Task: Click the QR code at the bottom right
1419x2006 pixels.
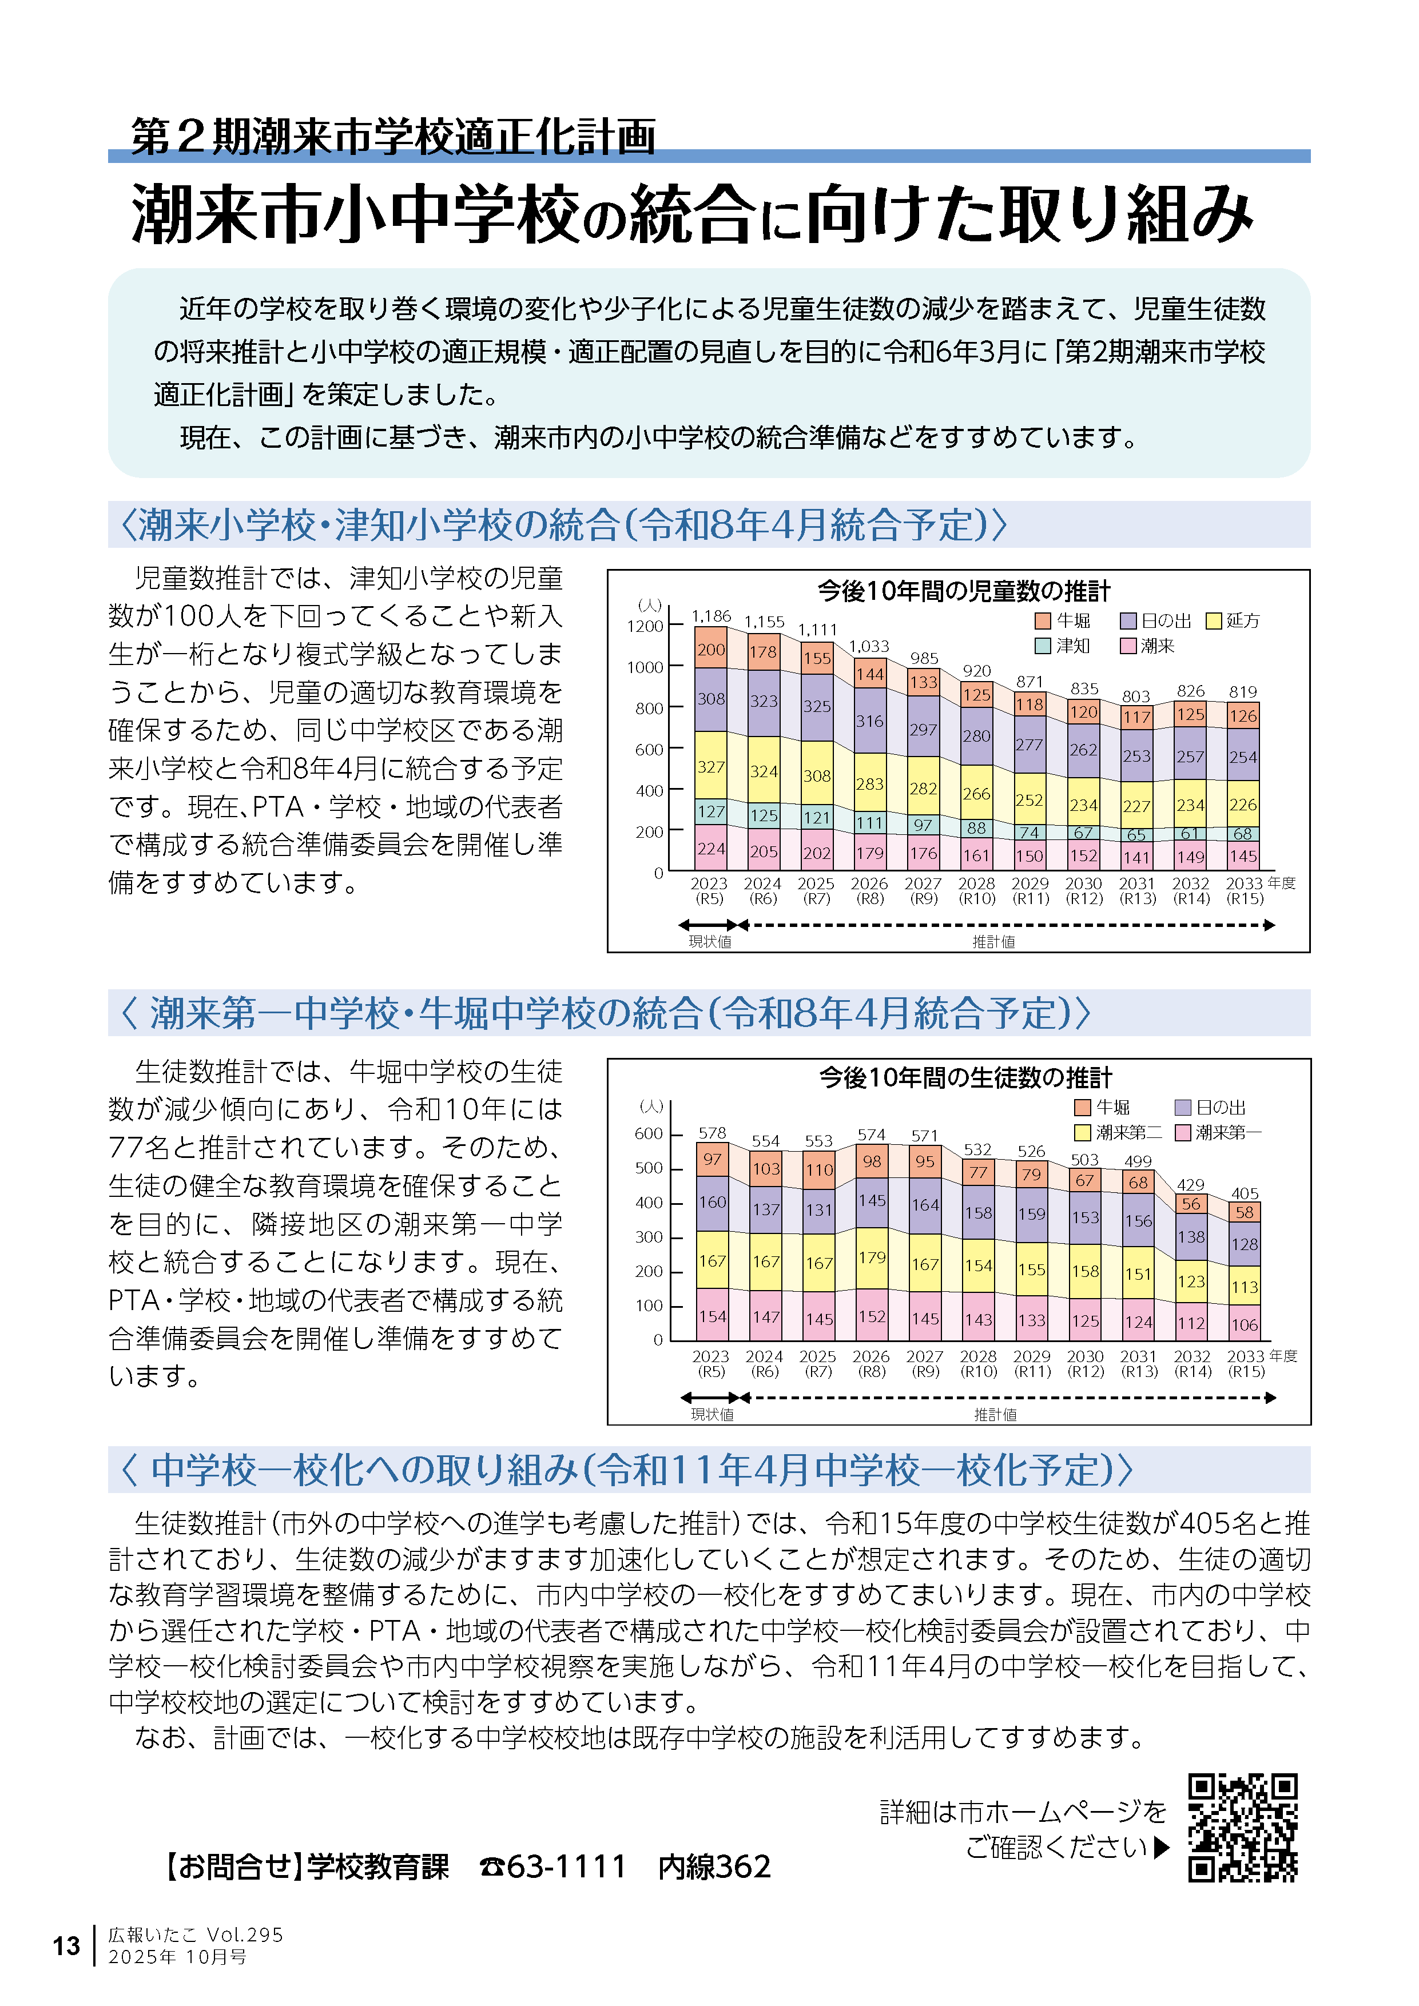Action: point(1242,1827)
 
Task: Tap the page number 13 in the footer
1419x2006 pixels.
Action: point(66,1946)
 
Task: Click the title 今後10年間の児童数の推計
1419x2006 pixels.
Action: point(964,591)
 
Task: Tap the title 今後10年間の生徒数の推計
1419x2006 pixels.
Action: point(965,1077)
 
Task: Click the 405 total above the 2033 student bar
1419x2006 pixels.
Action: point(1244,1193)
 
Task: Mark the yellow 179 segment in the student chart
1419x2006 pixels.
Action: point(872,1257)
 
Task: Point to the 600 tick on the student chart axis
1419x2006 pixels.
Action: point(649,1133)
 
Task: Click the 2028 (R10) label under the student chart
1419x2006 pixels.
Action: point(978,1363)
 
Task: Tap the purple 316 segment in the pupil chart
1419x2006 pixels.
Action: point(869,721)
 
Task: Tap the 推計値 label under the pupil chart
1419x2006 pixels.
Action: point(993,941)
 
